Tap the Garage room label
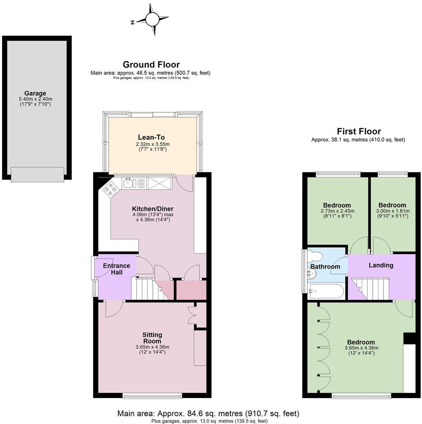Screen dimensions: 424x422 [35, 93]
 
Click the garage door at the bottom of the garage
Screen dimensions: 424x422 [37, 174]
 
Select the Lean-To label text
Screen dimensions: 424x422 [151, 137]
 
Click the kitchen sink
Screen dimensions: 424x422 [129, 183]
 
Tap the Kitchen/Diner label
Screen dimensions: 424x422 [152, 209]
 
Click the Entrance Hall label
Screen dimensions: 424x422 [116, 269]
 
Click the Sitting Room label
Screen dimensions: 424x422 [152, 338]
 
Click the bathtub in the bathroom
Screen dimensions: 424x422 [326, 292]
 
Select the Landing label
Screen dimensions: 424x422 [381, 265]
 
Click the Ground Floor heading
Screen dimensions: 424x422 [151, 65]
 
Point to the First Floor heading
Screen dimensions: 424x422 [359, 132]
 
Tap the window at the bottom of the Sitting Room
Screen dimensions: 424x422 [152, 395]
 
